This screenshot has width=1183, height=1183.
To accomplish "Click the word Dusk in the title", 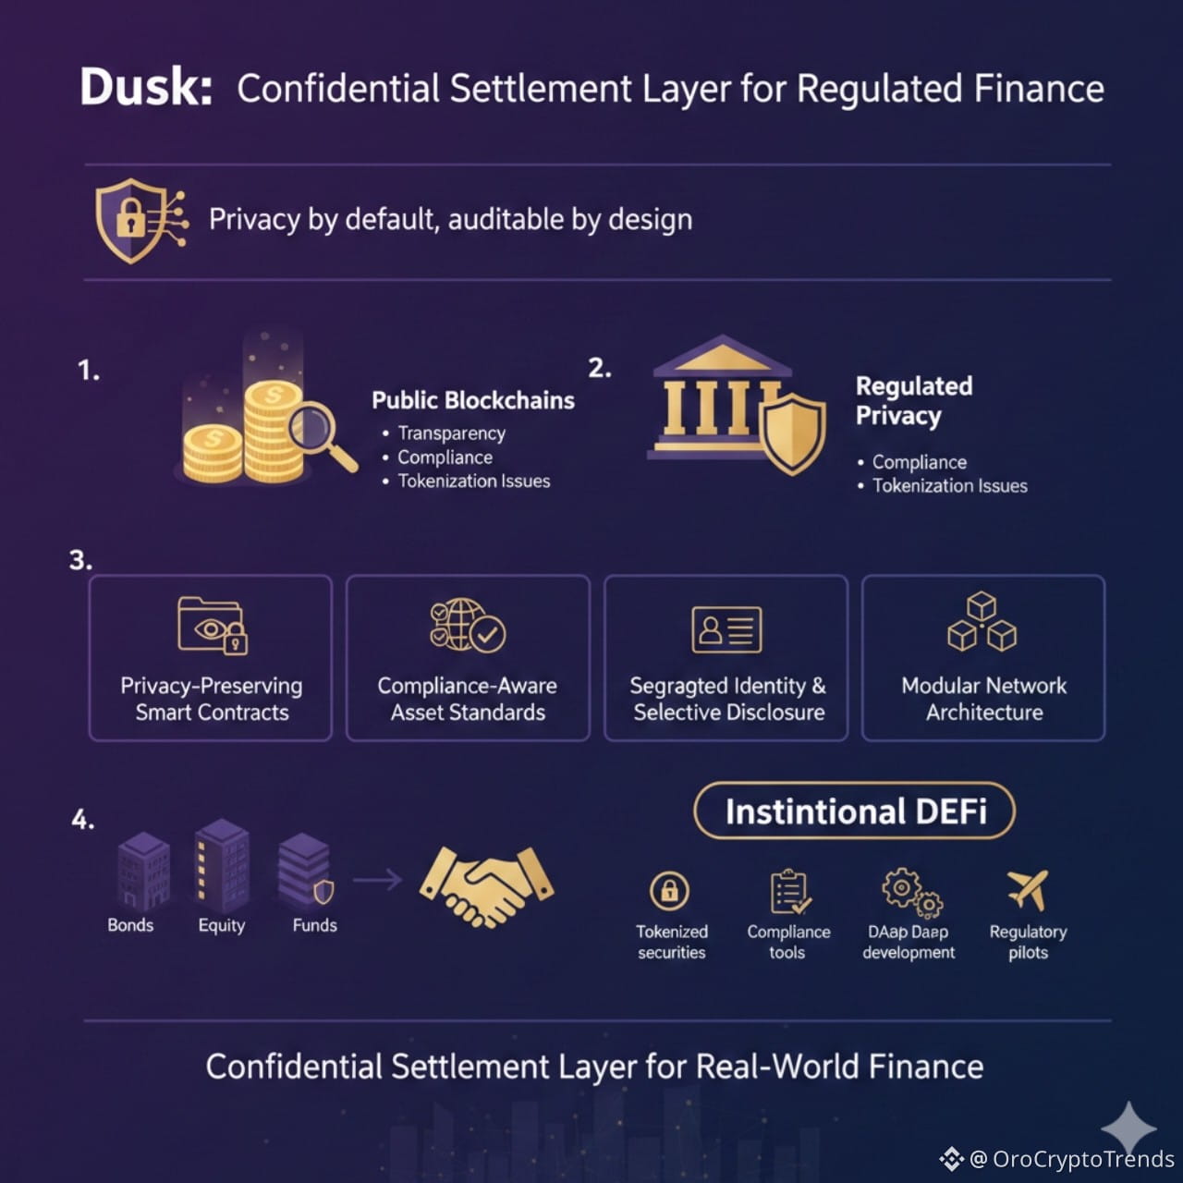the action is point(146,88).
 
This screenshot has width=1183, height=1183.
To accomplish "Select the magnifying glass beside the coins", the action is point(319,435).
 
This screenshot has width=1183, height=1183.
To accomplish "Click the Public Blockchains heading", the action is point(472,400).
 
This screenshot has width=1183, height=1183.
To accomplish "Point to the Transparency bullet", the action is point(451,433).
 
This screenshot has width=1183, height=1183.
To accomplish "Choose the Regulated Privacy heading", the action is point(913,400).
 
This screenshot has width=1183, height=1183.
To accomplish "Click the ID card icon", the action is point(726,629).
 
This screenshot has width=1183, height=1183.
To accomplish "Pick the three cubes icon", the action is point(982,623).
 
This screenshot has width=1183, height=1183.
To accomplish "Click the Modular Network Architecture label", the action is point(983,699).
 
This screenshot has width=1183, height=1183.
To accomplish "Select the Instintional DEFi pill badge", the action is point(855,811).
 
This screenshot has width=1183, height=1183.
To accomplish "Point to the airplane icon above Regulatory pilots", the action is point(1028,889).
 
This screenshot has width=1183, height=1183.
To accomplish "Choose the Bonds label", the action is point(130,925).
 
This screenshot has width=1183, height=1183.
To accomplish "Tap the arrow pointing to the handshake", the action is point(377,879).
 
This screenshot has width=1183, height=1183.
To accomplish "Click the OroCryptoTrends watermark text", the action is point(1082,1159).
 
